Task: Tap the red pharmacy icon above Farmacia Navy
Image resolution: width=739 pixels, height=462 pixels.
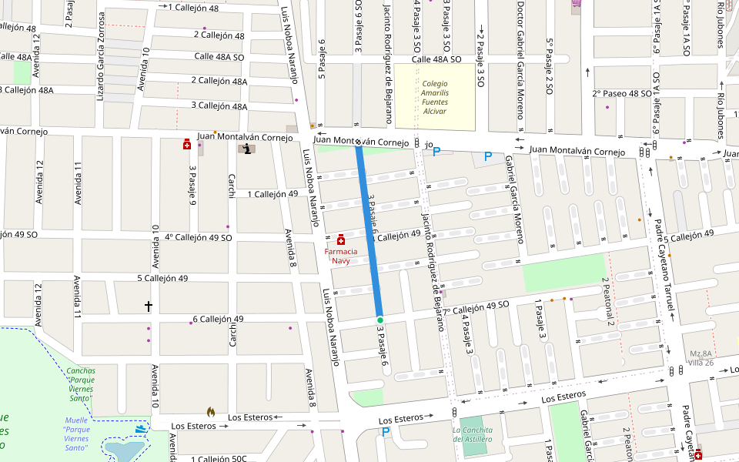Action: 340,241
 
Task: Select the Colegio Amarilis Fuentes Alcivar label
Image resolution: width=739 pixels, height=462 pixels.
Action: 434,97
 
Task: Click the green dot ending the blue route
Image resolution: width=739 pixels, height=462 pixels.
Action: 380,320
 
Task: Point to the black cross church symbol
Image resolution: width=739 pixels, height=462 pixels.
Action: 149,306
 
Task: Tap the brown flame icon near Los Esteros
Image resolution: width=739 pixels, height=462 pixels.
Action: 211,413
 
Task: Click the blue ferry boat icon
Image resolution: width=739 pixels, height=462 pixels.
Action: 140,428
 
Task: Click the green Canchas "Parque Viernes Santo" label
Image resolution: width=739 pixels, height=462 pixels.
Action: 79,380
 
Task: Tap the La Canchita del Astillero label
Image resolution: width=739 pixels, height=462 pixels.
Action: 472,434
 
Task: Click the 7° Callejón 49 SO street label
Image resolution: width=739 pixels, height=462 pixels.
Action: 476,306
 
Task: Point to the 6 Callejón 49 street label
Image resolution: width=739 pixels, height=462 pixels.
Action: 218,319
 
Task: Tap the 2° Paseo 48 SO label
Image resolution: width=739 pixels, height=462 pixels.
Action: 621,93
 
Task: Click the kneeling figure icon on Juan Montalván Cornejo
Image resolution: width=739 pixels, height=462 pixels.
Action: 246,149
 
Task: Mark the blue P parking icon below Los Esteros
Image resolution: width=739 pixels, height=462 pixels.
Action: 386,433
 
